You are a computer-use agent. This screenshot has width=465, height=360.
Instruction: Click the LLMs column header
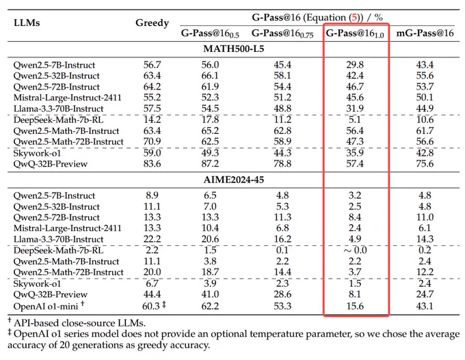[27, 23]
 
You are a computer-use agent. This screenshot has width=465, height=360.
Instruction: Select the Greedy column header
[152, 23]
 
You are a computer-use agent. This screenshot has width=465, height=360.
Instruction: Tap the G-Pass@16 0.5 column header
[210, 33]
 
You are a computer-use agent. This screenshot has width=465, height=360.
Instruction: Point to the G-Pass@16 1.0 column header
[355, 33]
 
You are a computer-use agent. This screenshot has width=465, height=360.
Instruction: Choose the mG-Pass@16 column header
[425, 33]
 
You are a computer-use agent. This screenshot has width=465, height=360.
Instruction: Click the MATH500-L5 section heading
[234, 49]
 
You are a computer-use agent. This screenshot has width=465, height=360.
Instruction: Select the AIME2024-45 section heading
[234, 180]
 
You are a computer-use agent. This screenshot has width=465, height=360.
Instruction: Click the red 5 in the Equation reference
[354, 18]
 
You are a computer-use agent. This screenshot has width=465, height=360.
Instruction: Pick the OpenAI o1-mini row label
[46, 306]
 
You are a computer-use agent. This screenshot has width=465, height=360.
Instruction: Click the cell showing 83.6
[152, 163]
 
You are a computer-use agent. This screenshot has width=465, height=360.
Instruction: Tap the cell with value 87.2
[210, 163]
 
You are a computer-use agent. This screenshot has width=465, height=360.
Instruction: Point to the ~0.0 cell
[355, 251]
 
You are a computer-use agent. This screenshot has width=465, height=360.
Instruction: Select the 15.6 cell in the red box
[355, 306]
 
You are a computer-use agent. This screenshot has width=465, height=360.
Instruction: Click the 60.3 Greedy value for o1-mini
[151, 306]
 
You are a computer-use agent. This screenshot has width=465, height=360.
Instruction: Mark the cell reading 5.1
[355, 120]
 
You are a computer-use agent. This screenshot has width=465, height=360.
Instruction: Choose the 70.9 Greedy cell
[152, 141]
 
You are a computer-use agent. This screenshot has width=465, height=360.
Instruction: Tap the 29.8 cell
[355, 65]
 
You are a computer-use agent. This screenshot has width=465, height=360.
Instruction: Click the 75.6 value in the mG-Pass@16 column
[425, 163]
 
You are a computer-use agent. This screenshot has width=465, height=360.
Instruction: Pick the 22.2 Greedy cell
[152, 239]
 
